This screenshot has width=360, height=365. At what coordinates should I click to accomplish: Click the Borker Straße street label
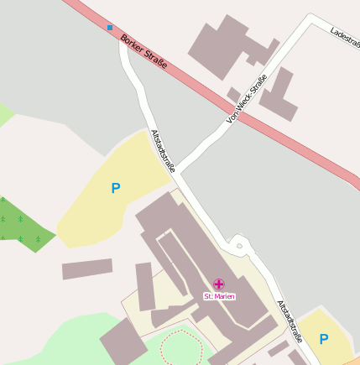coord(143,51)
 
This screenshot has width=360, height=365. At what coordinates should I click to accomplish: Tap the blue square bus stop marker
coord(109,28)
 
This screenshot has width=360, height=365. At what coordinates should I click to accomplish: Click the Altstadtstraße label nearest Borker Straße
coord(163,151)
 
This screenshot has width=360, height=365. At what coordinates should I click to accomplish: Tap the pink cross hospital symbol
coord(219,284)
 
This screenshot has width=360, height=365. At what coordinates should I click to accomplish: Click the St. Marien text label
coord(220,296)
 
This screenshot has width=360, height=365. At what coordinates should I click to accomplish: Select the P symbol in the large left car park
coord(116,189)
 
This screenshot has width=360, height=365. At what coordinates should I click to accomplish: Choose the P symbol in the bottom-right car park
coord(323,339)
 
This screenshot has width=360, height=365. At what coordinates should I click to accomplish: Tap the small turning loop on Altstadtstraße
coord(238,246)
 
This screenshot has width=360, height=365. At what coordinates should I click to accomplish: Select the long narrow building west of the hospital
coord(87,269)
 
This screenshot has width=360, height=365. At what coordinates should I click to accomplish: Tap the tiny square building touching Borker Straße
coord(233,94)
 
